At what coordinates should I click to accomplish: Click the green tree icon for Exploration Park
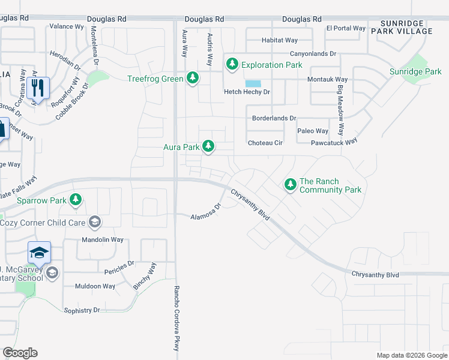click(232, 64)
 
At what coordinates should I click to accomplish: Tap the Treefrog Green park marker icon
click(193, 79)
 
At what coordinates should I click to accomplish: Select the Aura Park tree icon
click(208, 146)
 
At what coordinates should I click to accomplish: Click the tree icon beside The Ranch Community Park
click(290, 184)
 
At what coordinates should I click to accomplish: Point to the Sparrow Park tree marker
click(76, 200)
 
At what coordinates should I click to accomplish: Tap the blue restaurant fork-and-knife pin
click(38, 88)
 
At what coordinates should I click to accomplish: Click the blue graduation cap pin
click(39, 253)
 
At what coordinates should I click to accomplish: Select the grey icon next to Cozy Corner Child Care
click(94, 223)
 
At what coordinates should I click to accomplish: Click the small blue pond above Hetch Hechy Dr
click(253, 83)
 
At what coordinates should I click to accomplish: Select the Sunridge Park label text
click(415, 71)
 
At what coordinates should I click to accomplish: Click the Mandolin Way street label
click(102, 239)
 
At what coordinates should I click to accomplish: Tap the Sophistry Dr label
click(82, 310)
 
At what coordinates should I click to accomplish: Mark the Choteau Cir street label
click(265, 143)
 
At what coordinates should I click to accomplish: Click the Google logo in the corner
click(20, 353)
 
